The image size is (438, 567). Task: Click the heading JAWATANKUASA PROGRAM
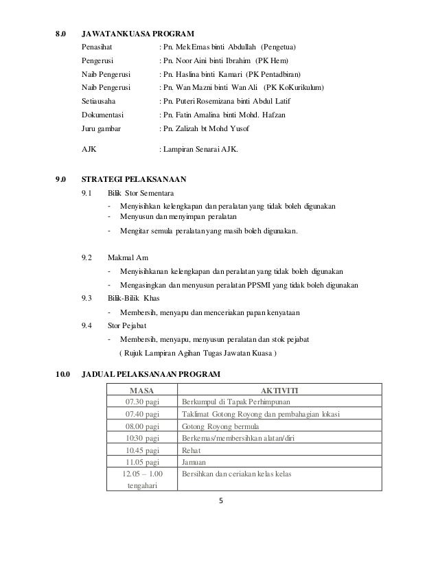click(137, 34)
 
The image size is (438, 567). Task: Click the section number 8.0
click(62, 34)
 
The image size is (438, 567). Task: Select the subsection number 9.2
click(87, 257)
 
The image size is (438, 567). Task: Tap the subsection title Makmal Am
click(124, 257)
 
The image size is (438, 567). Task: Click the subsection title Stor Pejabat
click(126, 326)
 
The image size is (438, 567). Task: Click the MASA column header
click(142, 390)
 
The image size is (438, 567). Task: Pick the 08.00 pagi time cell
click(142, 426)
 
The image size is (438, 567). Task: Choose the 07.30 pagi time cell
click(142, 402)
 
